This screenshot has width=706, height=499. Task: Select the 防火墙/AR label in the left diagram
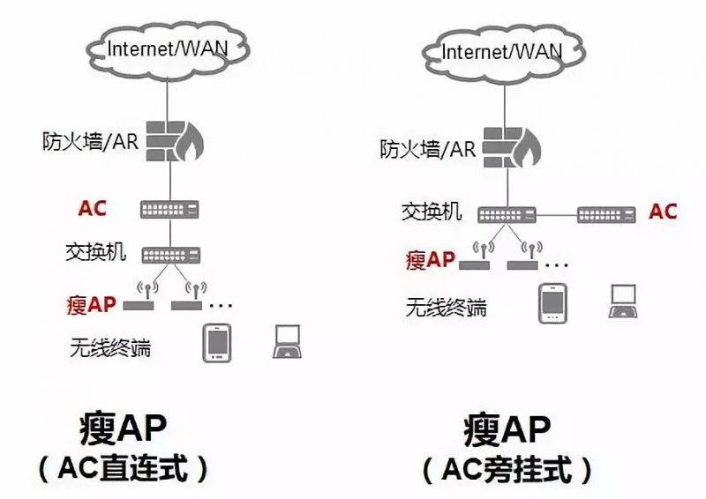[90, 140]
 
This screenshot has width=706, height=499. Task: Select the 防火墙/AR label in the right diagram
[428, 148]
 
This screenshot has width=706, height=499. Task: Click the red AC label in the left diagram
[92, 208]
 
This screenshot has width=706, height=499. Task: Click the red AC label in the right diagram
[663, 212]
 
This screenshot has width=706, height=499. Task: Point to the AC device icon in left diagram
[169, 209]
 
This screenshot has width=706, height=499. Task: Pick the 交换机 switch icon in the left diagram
[169, 254]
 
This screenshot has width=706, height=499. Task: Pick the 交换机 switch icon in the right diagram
[507, 213]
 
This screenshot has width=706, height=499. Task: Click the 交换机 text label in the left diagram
[95, 253]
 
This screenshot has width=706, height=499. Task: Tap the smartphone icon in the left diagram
[217, 343]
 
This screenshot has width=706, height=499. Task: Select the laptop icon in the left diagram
[288, 342]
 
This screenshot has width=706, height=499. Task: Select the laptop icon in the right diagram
[623, 301]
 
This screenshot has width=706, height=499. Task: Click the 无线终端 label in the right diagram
[445, 308]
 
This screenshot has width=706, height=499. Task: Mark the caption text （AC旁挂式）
[507, 469]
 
